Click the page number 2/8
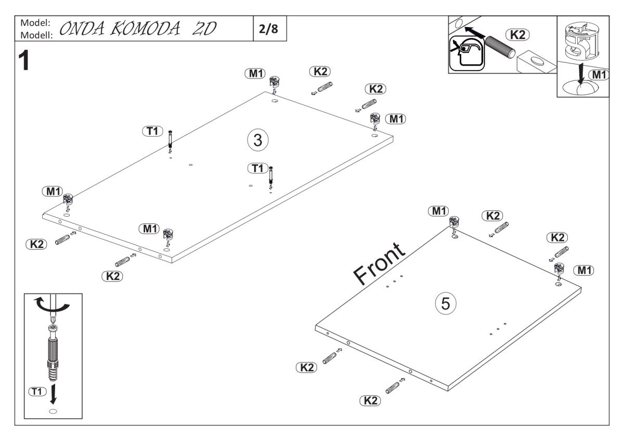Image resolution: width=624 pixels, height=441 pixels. pyautogui.click(x=268, y=29)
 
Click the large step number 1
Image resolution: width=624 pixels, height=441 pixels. pyautogui.click(x=23, y=62)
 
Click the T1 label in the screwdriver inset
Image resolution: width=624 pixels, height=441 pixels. pyautogui.click(x=37, y=391)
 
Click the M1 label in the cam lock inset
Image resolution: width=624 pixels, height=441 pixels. pyautogui.click(x=599, y=74)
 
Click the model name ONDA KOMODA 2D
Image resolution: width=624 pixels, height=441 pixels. pyautogui.click(x=137, y=29)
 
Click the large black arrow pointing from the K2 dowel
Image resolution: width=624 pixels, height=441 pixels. pyautogui.click(x=474, y=34)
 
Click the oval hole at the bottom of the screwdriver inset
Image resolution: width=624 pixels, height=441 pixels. pyautogui.click(x=53, y=411)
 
